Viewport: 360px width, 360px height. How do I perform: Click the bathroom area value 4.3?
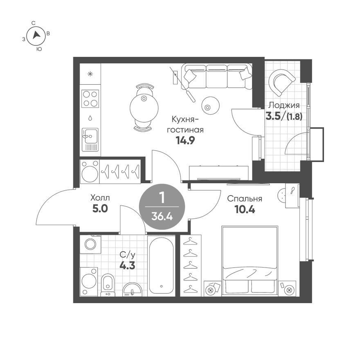[x=127, y=264]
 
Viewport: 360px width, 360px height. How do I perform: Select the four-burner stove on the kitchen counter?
[x=90, y=98]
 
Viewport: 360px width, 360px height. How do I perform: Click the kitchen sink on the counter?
[x=90, y=135]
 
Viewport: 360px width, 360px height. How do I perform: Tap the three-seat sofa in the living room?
[x=216, y=76]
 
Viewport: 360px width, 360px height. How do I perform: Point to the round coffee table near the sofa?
[x=210, y=106]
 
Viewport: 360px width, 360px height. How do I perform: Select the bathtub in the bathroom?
[x=161, y=265]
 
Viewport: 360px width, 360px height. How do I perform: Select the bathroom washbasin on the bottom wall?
[x=132, y=289]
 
